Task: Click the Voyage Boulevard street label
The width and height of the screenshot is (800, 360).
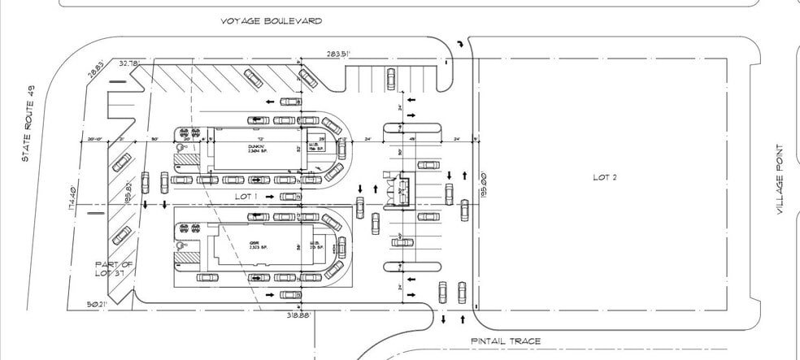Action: tap(271, 20)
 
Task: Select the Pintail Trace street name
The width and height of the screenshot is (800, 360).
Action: tap(505, 341)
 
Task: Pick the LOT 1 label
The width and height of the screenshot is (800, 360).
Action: tap(245, 197)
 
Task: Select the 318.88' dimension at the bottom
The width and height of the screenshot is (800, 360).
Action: tap(299, 314)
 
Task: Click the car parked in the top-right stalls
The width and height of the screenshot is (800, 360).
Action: tap(390, 78)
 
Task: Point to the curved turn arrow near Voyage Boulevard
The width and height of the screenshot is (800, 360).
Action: tap(463, 44)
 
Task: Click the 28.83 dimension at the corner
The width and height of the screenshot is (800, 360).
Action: tap(96, 71)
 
